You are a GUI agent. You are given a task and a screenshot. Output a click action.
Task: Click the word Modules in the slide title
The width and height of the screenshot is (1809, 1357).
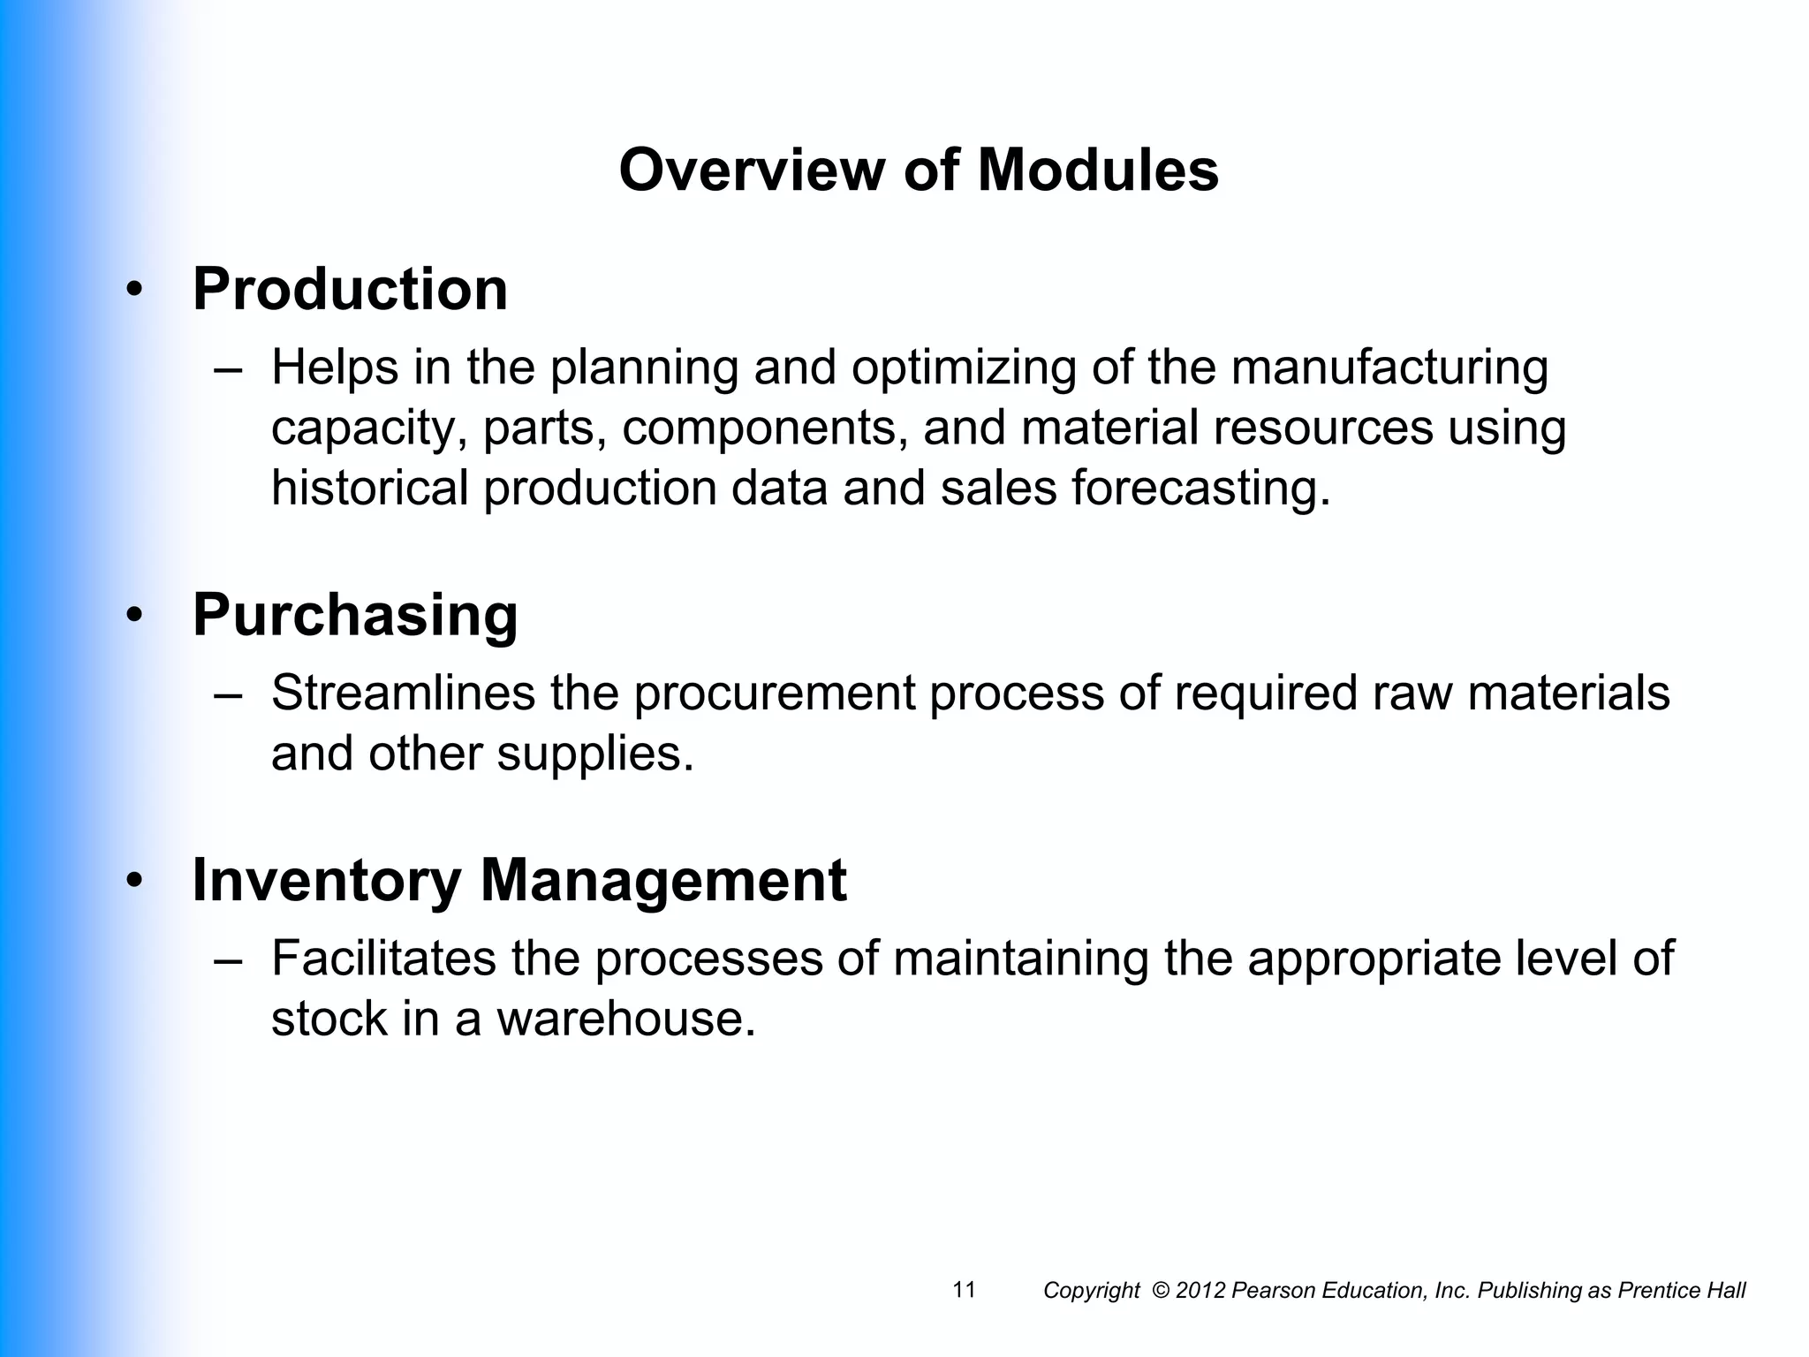1097,170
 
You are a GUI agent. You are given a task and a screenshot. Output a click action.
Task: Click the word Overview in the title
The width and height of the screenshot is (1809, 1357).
751,170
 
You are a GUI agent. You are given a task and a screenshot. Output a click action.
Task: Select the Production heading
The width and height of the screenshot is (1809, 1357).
350,289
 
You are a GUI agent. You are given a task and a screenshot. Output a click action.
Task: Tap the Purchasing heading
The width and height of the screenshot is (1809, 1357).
355,615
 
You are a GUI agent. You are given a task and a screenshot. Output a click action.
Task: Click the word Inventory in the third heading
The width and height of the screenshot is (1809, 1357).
326,881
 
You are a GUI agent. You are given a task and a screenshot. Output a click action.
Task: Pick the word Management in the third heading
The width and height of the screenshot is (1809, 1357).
663,881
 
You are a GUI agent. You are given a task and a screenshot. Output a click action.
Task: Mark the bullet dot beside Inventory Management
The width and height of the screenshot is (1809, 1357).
134,881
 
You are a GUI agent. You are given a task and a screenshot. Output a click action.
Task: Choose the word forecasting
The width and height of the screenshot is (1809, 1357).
1201,488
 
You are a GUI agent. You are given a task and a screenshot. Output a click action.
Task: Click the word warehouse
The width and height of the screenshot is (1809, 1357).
626,1019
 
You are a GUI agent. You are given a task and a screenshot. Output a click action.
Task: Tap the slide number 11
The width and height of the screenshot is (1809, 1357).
964,1290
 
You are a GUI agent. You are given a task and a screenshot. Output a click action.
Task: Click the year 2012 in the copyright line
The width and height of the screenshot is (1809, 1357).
1200,1291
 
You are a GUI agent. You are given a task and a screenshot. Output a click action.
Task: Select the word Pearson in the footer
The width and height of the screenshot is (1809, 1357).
1267,1291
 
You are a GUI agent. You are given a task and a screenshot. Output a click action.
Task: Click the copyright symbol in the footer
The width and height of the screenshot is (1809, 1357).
1162,1291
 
